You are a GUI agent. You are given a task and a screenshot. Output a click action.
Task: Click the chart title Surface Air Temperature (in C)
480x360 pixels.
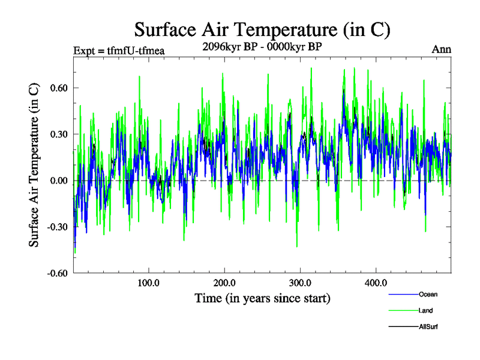pos(263,29)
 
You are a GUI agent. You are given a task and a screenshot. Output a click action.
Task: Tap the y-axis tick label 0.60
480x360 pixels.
pos(57,88)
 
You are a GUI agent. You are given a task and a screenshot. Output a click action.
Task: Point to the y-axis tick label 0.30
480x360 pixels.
pos(57,134)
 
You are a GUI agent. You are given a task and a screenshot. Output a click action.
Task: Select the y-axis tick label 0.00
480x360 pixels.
pos(57,181)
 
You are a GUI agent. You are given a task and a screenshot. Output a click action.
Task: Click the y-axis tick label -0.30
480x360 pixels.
pos(56,227)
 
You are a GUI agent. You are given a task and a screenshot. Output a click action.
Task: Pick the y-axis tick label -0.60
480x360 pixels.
pos(56,274)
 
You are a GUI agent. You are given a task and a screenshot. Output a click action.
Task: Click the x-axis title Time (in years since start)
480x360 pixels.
pos(262,298)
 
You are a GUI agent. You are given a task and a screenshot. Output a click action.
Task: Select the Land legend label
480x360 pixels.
pos(425,311)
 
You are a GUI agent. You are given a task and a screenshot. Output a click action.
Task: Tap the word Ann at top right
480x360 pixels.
pos(442,50)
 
